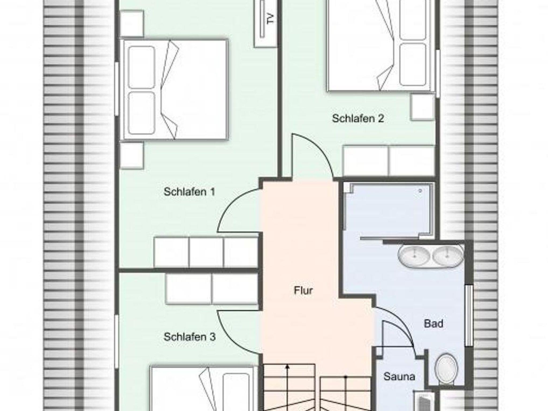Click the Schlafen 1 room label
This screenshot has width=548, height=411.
pos(189,192)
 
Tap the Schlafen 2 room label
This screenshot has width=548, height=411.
pos(358,118)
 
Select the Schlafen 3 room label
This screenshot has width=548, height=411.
pos(189,337)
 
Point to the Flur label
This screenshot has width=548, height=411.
pos(303,290)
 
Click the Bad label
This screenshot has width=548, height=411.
pos(433,324)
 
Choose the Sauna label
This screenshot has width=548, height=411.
pos(399,377)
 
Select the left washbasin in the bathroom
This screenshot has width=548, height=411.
pos(414,256)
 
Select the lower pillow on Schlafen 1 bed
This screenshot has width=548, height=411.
pos(142,113)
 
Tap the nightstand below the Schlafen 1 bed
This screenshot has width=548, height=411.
pos(131,155)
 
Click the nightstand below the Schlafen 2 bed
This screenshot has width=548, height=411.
pos(422,107)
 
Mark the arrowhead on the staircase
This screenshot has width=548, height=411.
pos(287,367)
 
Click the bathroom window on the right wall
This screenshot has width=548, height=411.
pos(469,315)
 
